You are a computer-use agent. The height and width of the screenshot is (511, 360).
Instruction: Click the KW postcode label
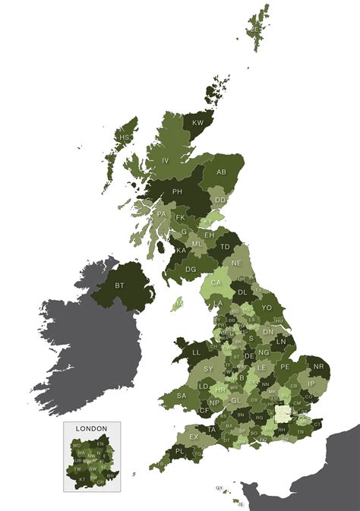coord(198,122)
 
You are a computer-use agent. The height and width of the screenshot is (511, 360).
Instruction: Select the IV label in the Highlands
coord(165,160)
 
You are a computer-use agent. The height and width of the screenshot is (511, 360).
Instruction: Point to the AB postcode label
coord(222,172)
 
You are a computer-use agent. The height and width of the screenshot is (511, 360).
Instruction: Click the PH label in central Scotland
coord(178,192)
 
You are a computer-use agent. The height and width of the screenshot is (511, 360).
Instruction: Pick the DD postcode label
coord(219,200)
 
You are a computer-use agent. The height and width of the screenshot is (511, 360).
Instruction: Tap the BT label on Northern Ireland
coord(119,285)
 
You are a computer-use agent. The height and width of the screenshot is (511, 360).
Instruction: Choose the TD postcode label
coord(226,247)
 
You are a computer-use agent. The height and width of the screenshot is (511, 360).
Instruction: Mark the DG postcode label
coord(191,269)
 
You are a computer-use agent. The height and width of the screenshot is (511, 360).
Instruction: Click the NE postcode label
coord(236,263)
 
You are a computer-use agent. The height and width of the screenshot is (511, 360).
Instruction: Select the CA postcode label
coord(216,282)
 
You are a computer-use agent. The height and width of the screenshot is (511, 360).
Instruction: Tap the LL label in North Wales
coord(195,352)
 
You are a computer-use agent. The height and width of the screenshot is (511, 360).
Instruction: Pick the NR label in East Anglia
coord(318,367)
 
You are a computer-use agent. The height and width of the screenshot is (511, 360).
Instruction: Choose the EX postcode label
coord(194,437)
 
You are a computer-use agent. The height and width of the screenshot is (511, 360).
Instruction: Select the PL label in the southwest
coord(179,451)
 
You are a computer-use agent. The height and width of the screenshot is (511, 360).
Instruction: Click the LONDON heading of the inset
coord(91,428)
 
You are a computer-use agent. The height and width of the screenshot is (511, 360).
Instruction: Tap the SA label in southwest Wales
coord(182,396)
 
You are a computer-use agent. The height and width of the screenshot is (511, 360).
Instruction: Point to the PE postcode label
coord(285,366)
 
